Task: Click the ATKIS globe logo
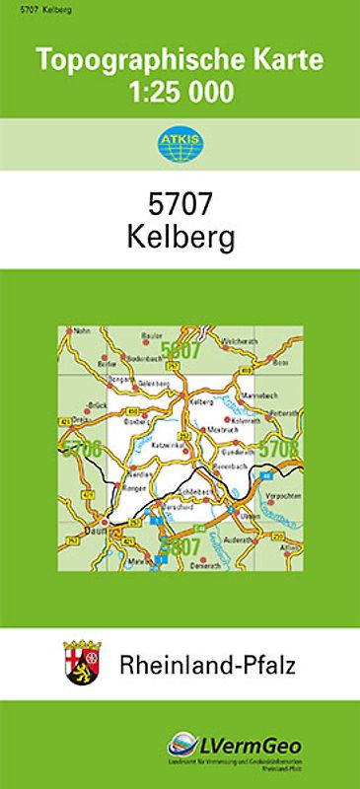tap(180, 146)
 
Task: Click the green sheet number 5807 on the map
tap(180, 545)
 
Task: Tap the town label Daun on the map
tap(96, 532)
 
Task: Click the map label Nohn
tap(81, 330)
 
